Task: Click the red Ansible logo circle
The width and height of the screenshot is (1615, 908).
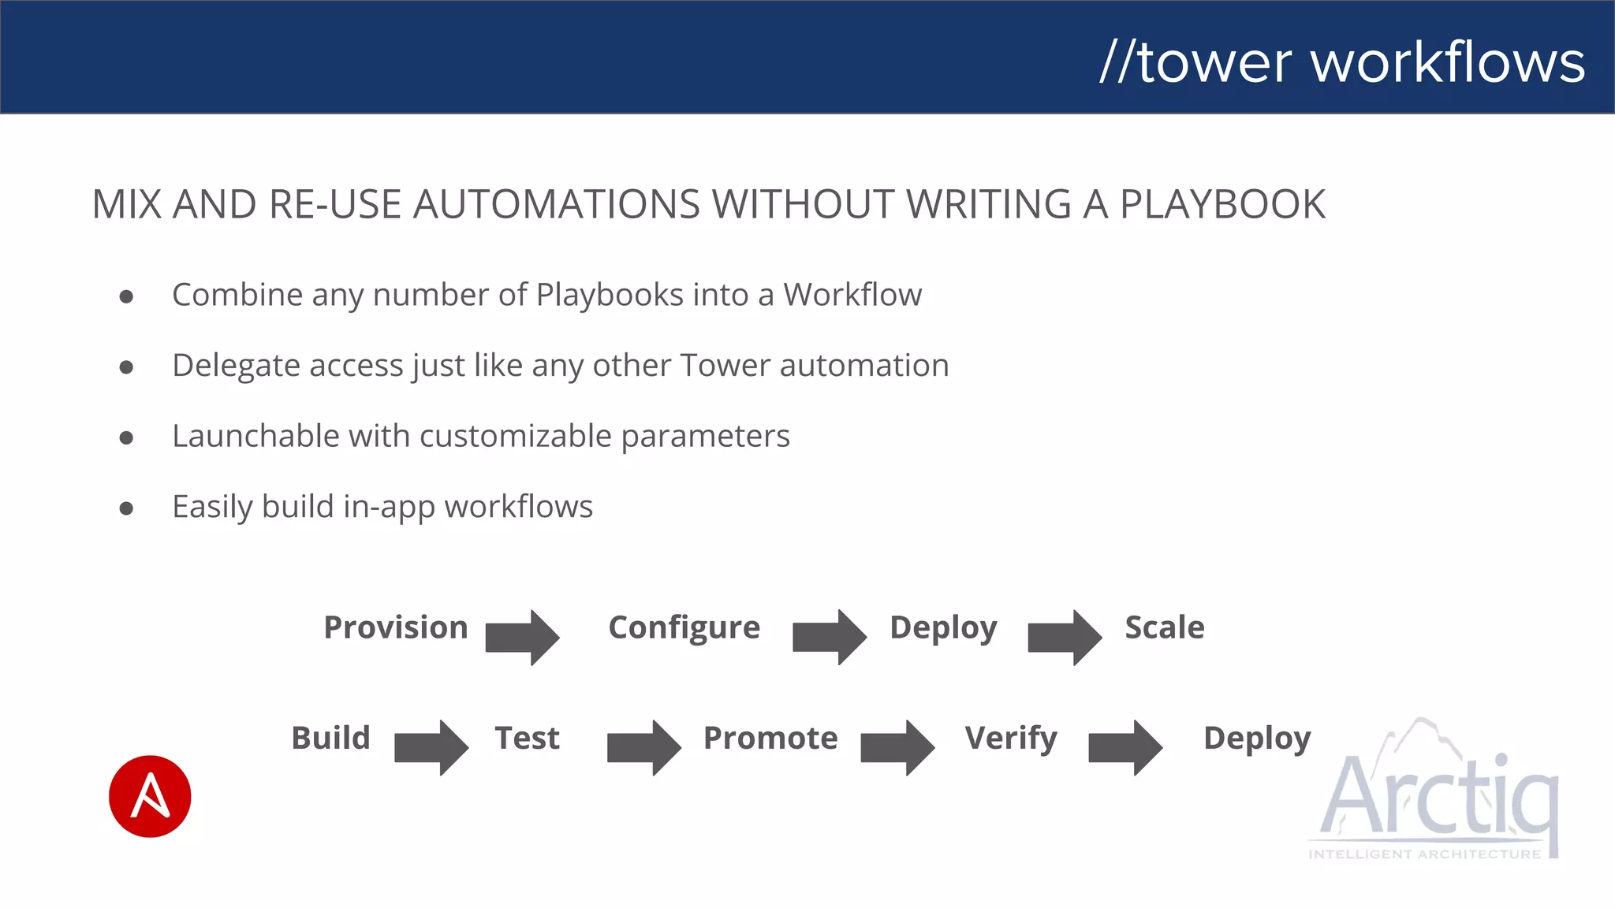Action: click(150, 796)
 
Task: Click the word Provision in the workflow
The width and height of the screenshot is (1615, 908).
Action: click(396, 627)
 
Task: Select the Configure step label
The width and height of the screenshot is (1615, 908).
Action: click(684, 628)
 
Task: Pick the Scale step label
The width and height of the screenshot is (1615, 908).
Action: click(1164, 627)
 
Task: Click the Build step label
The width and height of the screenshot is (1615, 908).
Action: click(330, 738)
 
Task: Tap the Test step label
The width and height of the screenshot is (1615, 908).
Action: click(527, 738)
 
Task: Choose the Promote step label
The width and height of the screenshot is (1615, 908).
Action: click(770, 738)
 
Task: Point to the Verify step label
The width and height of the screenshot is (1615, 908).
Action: click(1010, 739)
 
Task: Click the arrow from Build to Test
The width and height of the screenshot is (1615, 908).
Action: click(431, 747)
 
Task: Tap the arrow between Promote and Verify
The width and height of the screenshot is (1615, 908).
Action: click(897, 747)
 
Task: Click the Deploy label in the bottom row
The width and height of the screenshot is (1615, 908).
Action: click(1257, 739)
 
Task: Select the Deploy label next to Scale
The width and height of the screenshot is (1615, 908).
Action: click(943, 628)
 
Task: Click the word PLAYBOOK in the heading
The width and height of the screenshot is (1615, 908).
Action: click(1222, 205)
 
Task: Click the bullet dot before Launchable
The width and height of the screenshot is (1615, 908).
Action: click(126, 437)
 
